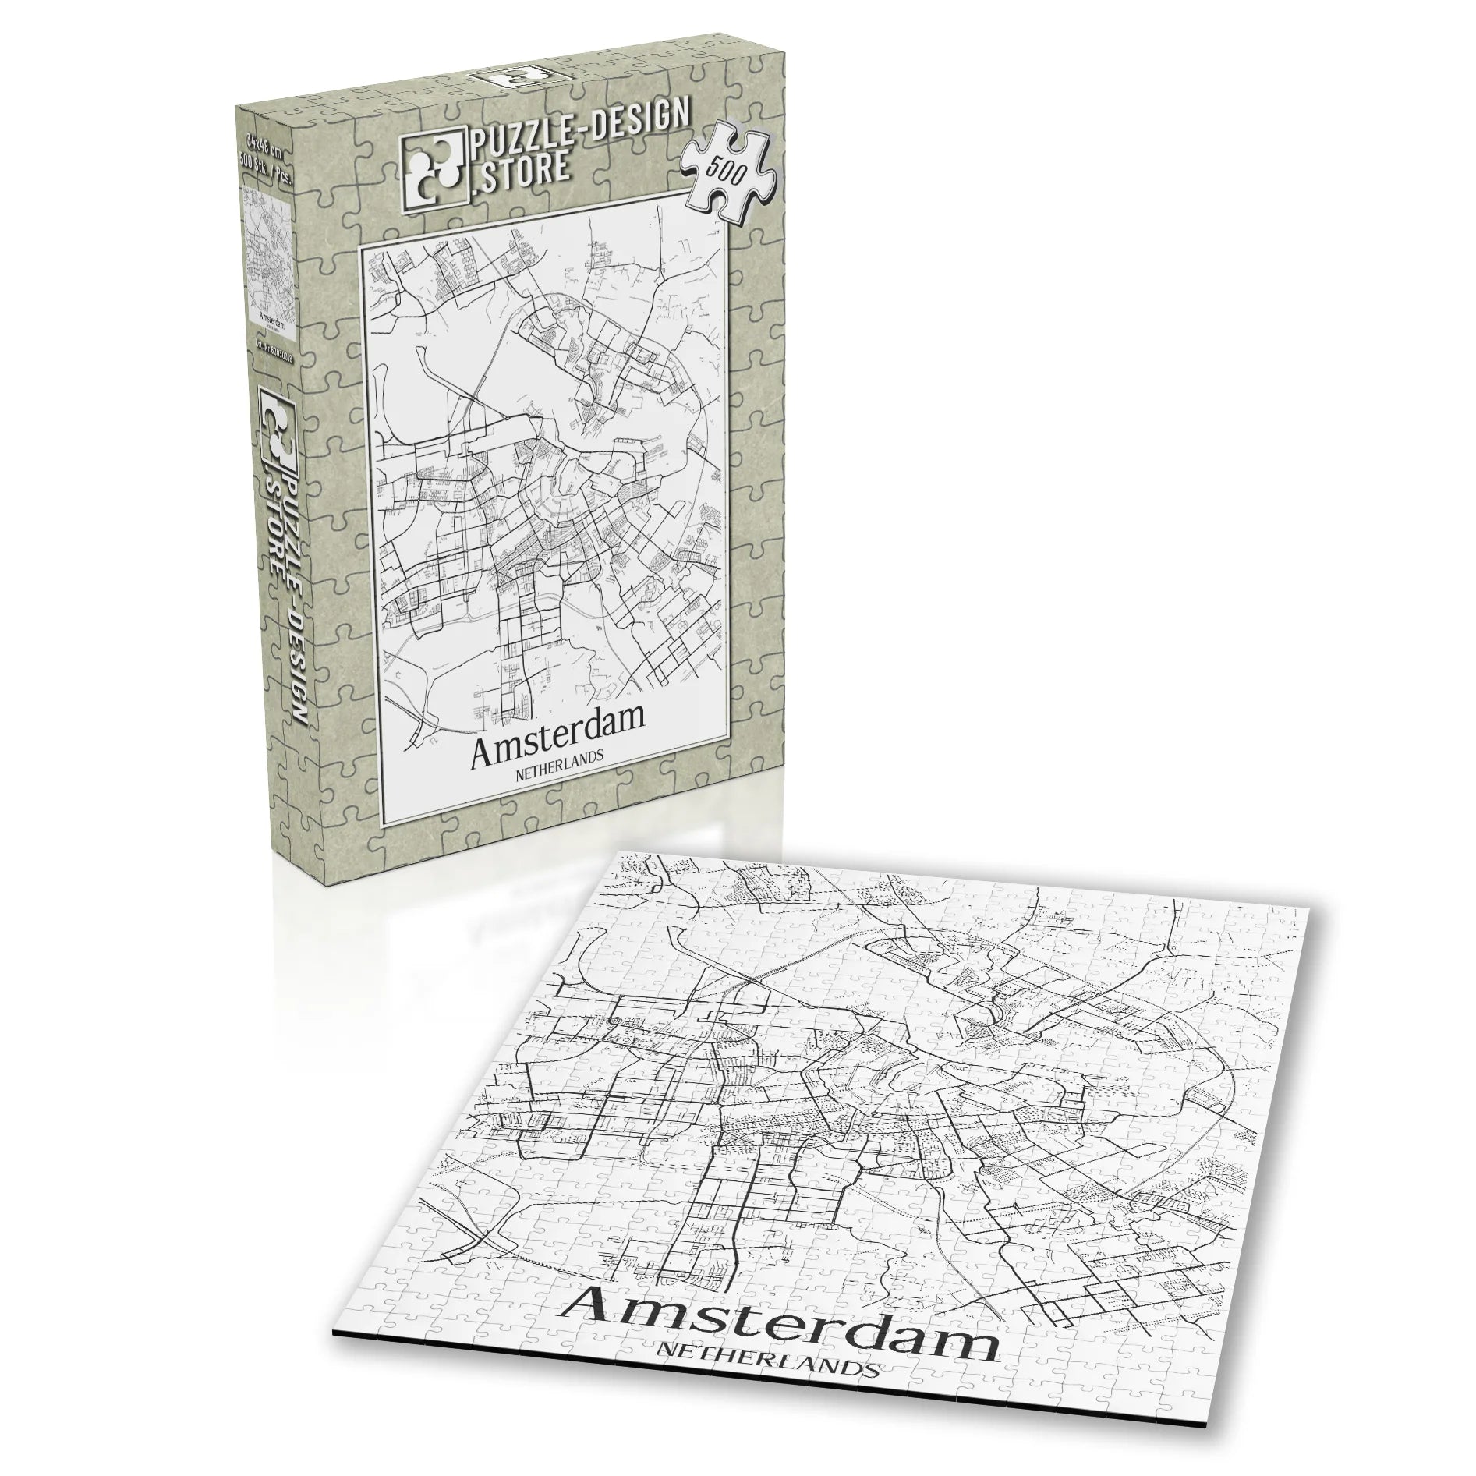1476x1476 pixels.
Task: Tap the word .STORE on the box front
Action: coord(519,172)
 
